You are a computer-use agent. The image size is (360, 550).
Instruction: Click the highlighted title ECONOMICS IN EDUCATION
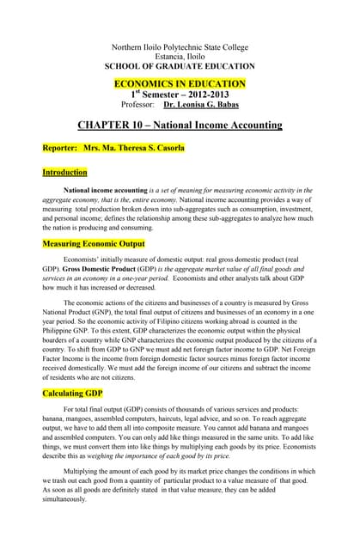coord(180,83)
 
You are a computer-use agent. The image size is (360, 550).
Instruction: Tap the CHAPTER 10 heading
coord(180,125)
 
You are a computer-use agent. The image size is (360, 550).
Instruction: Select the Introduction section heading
coord(64,173)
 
